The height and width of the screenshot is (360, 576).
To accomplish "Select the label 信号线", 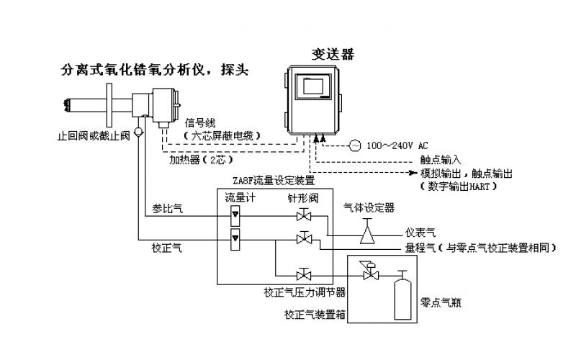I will point(200,123).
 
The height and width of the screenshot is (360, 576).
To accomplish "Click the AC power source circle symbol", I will point(354,145).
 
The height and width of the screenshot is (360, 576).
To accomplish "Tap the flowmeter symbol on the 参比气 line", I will point(234,215).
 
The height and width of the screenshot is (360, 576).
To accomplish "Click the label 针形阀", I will point(304,197).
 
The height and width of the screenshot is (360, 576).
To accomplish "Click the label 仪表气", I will point(420,233).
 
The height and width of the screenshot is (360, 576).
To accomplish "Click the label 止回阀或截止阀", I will point(94,135).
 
